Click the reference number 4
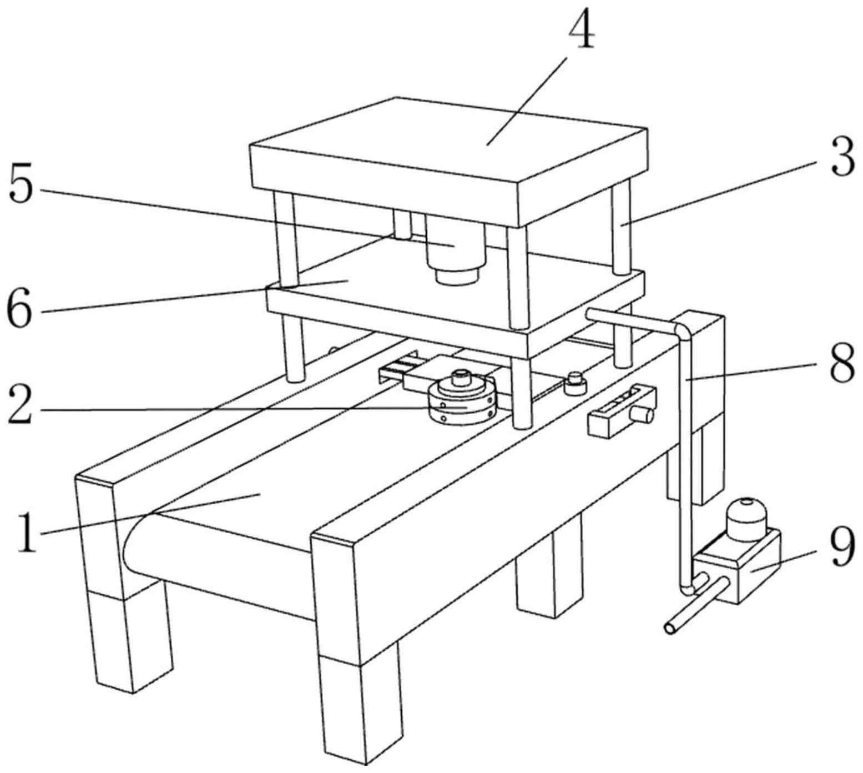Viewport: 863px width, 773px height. pos(581,29)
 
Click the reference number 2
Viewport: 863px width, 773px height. pos(19,409)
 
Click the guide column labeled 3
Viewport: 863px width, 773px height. pos(621,228)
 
